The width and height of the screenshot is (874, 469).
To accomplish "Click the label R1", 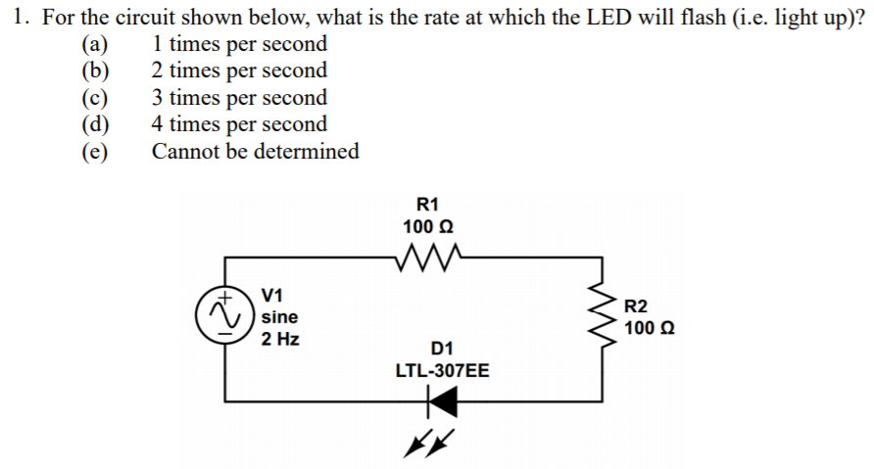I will (427, 205).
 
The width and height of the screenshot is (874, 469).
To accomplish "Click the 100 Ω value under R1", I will (427, 226).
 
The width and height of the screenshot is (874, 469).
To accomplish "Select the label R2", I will (637, 305).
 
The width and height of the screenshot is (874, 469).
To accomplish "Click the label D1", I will (442, 349).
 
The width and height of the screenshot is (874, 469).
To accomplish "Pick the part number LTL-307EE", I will (442, 371).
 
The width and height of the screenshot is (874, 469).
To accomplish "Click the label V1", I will (273, 295).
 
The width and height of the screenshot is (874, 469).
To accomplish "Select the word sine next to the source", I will (280, 317).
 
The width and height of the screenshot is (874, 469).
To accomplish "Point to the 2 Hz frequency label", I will (280, 340).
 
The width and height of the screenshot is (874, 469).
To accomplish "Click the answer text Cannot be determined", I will (255, 152).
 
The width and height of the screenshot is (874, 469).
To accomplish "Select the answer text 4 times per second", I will (239, 124).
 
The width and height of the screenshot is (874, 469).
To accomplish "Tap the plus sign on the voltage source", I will (224, 296).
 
